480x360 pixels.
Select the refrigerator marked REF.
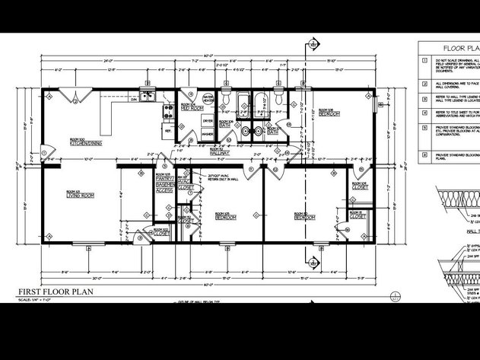pos(168,131)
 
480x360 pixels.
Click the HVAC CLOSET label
pos(185,183)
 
